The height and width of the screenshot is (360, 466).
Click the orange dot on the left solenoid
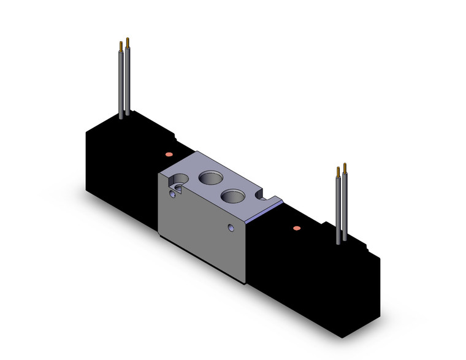tap(168, 153)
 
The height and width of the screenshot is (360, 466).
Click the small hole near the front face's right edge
tap(231, 229)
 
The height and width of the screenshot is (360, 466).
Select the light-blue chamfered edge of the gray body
tap(258, 214)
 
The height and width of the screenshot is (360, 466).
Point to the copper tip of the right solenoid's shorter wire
tap(338, 172)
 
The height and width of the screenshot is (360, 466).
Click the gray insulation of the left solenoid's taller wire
tap(127, 80)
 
